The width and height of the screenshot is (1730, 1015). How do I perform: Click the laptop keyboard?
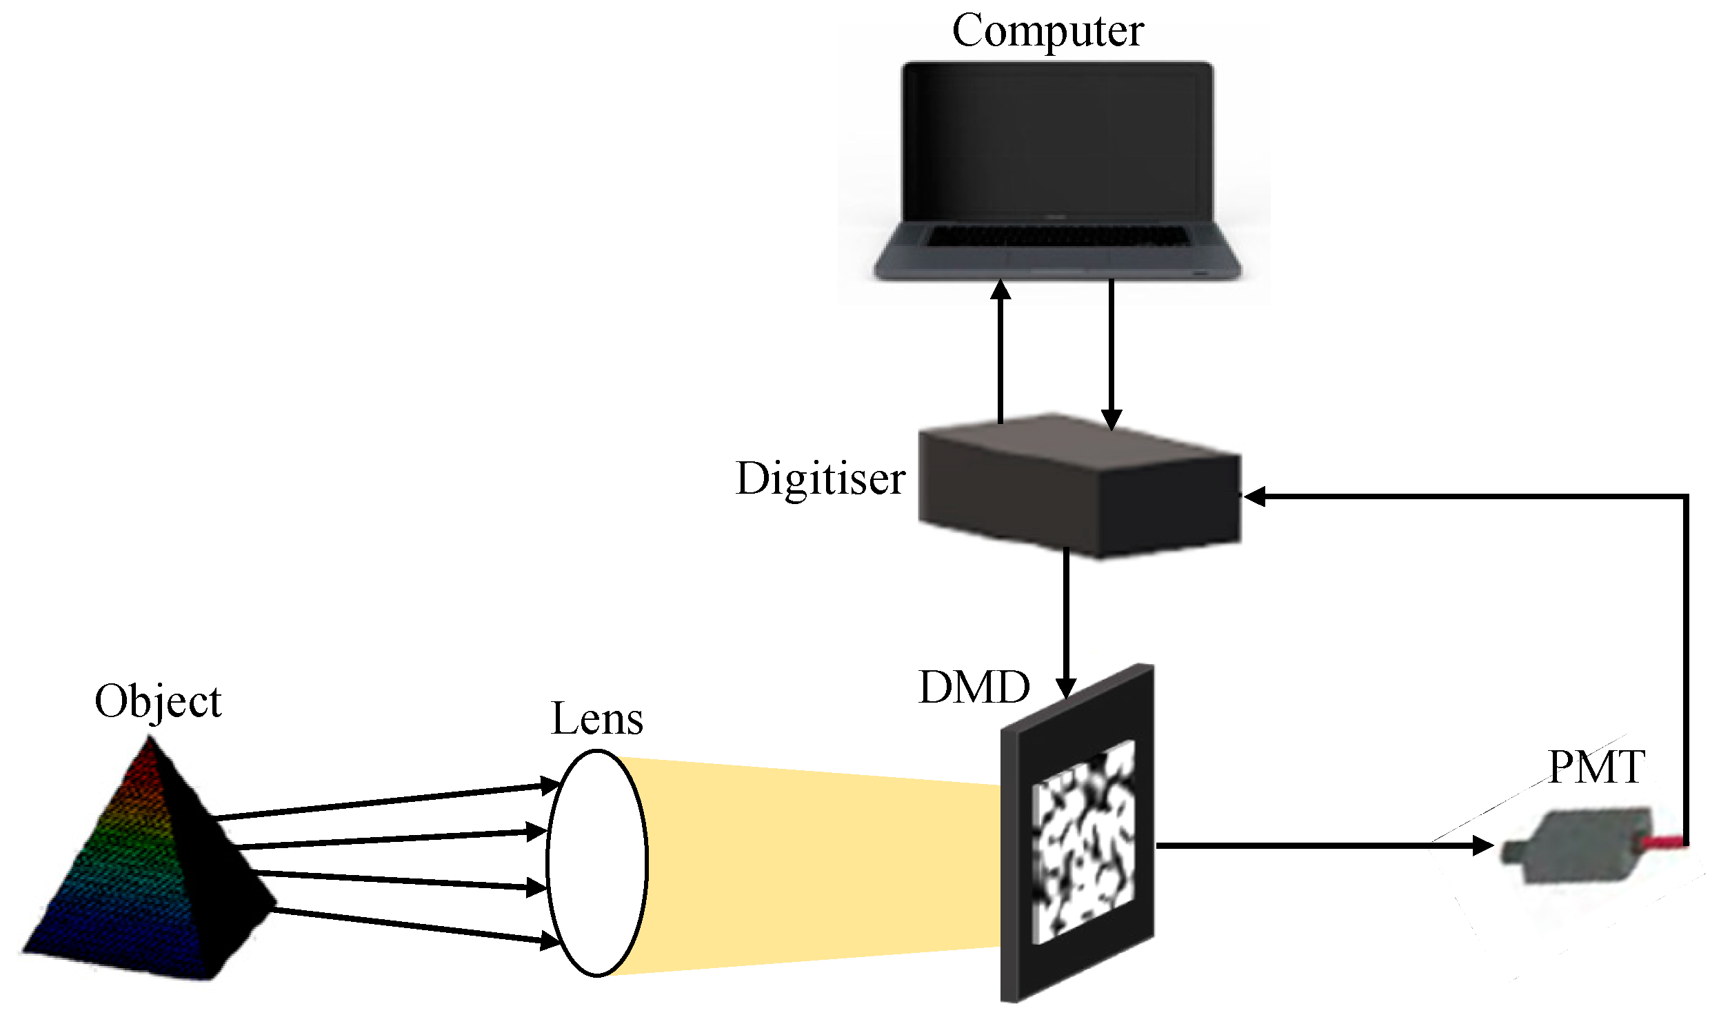coord(1058,236)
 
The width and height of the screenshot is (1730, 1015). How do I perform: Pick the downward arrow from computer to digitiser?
coord(1111,352)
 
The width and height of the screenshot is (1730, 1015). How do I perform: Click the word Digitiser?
coord(820,479)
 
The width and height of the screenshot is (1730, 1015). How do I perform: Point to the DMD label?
coord(974,687)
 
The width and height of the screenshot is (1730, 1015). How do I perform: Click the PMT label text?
coord(1596,767)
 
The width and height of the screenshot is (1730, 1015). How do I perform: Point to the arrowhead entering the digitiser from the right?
coord(1254,496)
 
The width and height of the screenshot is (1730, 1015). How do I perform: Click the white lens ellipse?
coord(597,863)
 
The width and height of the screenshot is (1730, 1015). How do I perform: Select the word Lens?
coord(597,719)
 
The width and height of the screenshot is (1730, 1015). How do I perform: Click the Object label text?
coord(158,702)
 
